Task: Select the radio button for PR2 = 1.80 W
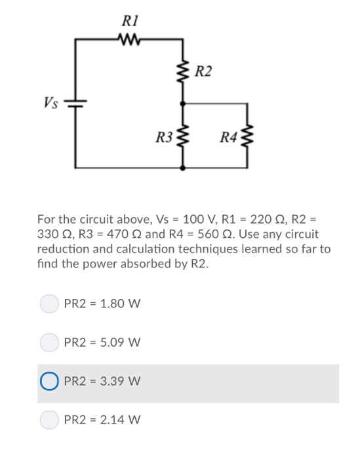[50, 304]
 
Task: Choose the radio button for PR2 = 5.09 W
[50, 342]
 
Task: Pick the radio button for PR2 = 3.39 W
[50, 381]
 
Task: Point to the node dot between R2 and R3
[183, 103]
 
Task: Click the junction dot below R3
[183, 168]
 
